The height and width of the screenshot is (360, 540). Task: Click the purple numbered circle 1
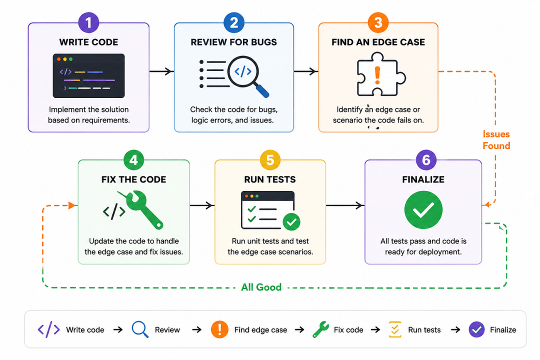coord(88,22)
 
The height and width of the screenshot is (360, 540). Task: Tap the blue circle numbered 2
coord(234,22)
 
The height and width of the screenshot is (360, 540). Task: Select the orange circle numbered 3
coord(378,22)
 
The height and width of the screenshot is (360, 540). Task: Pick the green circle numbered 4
coord(133,160)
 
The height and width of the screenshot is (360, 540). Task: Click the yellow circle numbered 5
coord(270,160)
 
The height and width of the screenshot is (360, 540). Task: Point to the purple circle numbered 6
coord(426,160)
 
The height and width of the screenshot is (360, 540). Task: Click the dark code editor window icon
coord(88,76)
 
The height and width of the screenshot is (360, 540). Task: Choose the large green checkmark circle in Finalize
coord(423,210)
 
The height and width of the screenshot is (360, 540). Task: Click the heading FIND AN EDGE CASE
coord(378,42)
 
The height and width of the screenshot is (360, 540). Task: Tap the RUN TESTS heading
coord(270,179)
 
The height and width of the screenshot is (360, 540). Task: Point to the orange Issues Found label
coord(496,140)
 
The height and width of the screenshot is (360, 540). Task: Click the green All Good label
coord(261,287)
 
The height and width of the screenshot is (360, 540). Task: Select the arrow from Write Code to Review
coord(161,71)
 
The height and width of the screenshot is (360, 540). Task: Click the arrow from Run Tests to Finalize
coord(345,205)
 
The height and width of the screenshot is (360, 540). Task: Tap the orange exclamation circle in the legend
coord(219,329)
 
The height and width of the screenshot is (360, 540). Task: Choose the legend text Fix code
coord(348,329)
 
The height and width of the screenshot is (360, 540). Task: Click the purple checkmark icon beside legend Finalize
coord(476,329)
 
